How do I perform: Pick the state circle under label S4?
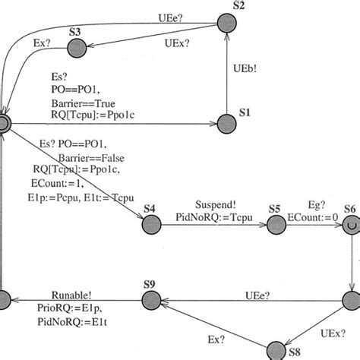(150, 223)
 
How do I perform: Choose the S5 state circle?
(275, 223)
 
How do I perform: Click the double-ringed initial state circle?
(3, 124)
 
